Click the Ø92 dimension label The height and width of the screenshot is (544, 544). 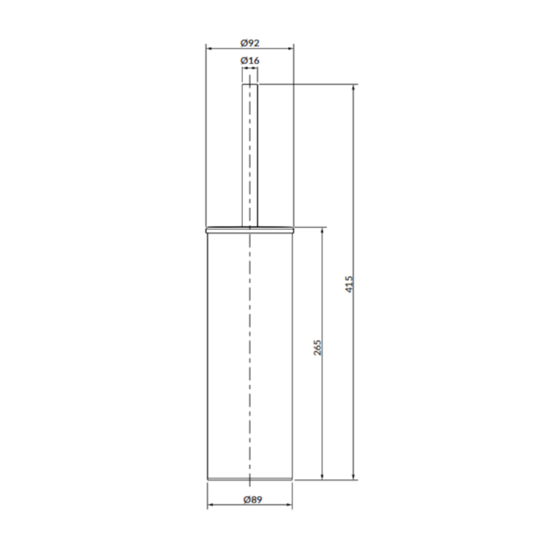pyautogui.click(x=250, y=43)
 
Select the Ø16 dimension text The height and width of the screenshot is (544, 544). pyautogui.click(x=250, y=61)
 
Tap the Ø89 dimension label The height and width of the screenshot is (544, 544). pyautogui.click(x=252, y=500)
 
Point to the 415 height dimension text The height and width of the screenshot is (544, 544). pyautogui.click(x=349, y=284)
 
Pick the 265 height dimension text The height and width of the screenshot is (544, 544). pyautogui.click(x=318, y=347)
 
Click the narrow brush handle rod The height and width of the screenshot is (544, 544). pyautogui.click(x=250, y=156)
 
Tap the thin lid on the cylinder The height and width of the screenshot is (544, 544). pyautogui.click(x=250, y=230)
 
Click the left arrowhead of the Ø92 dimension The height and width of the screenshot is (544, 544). pyautogui.click(x=209, y=49)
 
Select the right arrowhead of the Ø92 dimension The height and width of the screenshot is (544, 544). pyautogui.click(x=292, y=49)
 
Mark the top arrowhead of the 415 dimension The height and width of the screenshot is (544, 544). pyautogui.click(x=354, y=87)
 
